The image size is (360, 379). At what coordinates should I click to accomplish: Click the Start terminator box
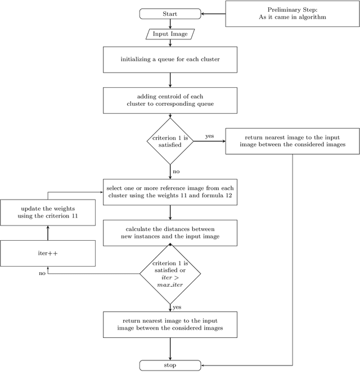click(170, 14)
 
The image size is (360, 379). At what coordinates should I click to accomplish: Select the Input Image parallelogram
click(170, 34)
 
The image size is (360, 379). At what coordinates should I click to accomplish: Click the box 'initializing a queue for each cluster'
click(170, 59)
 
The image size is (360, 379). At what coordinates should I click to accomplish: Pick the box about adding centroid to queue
click(170, 100)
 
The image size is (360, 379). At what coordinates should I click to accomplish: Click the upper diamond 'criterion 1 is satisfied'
click(170, 141)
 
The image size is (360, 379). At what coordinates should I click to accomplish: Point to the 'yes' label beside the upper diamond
click(209, 136)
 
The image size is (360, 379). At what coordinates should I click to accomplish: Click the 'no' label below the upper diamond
click(176, 170)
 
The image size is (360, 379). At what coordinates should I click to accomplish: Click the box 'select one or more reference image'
click(170, 192)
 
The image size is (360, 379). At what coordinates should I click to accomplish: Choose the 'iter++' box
click(48, 253)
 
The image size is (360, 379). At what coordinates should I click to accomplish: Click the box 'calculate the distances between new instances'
click(170, 233)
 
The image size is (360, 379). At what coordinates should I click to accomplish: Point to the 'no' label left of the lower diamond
click(42, 274)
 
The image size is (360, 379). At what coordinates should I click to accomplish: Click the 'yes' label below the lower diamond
click(177, 307)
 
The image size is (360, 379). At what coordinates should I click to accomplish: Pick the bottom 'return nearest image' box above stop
click(170, 324)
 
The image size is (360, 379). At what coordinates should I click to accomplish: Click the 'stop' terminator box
click(170, 365)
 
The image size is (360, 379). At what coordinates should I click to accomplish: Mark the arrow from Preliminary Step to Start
click(213, 13)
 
